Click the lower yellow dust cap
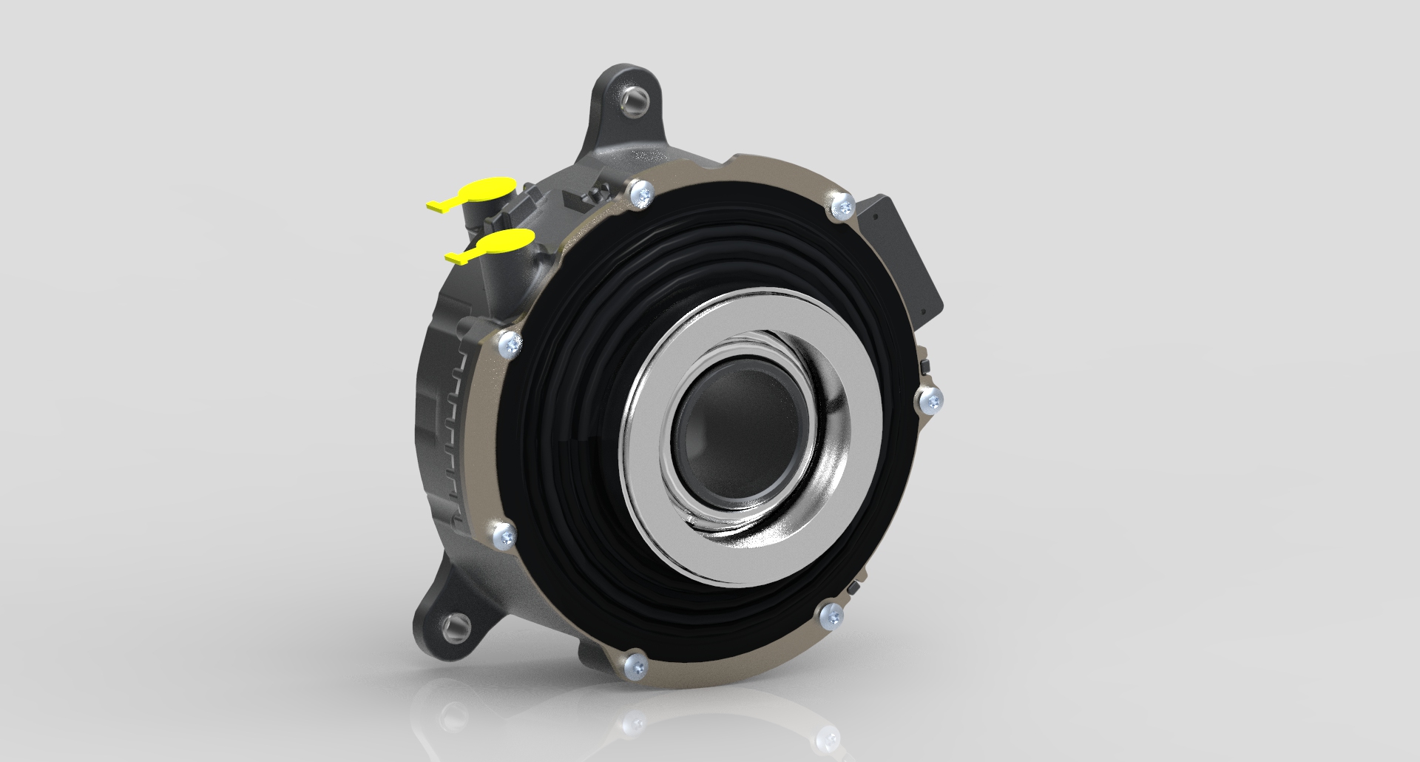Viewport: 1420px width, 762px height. point(507,241)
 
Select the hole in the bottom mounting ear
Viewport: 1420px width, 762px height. point(453,629)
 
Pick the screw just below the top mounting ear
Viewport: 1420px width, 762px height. point(640,194)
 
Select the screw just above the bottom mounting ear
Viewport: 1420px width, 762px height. point(505,534)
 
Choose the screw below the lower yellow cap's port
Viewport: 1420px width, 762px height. point(510,344)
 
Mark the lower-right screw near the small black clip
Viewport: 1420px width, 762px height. point(832,616)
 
